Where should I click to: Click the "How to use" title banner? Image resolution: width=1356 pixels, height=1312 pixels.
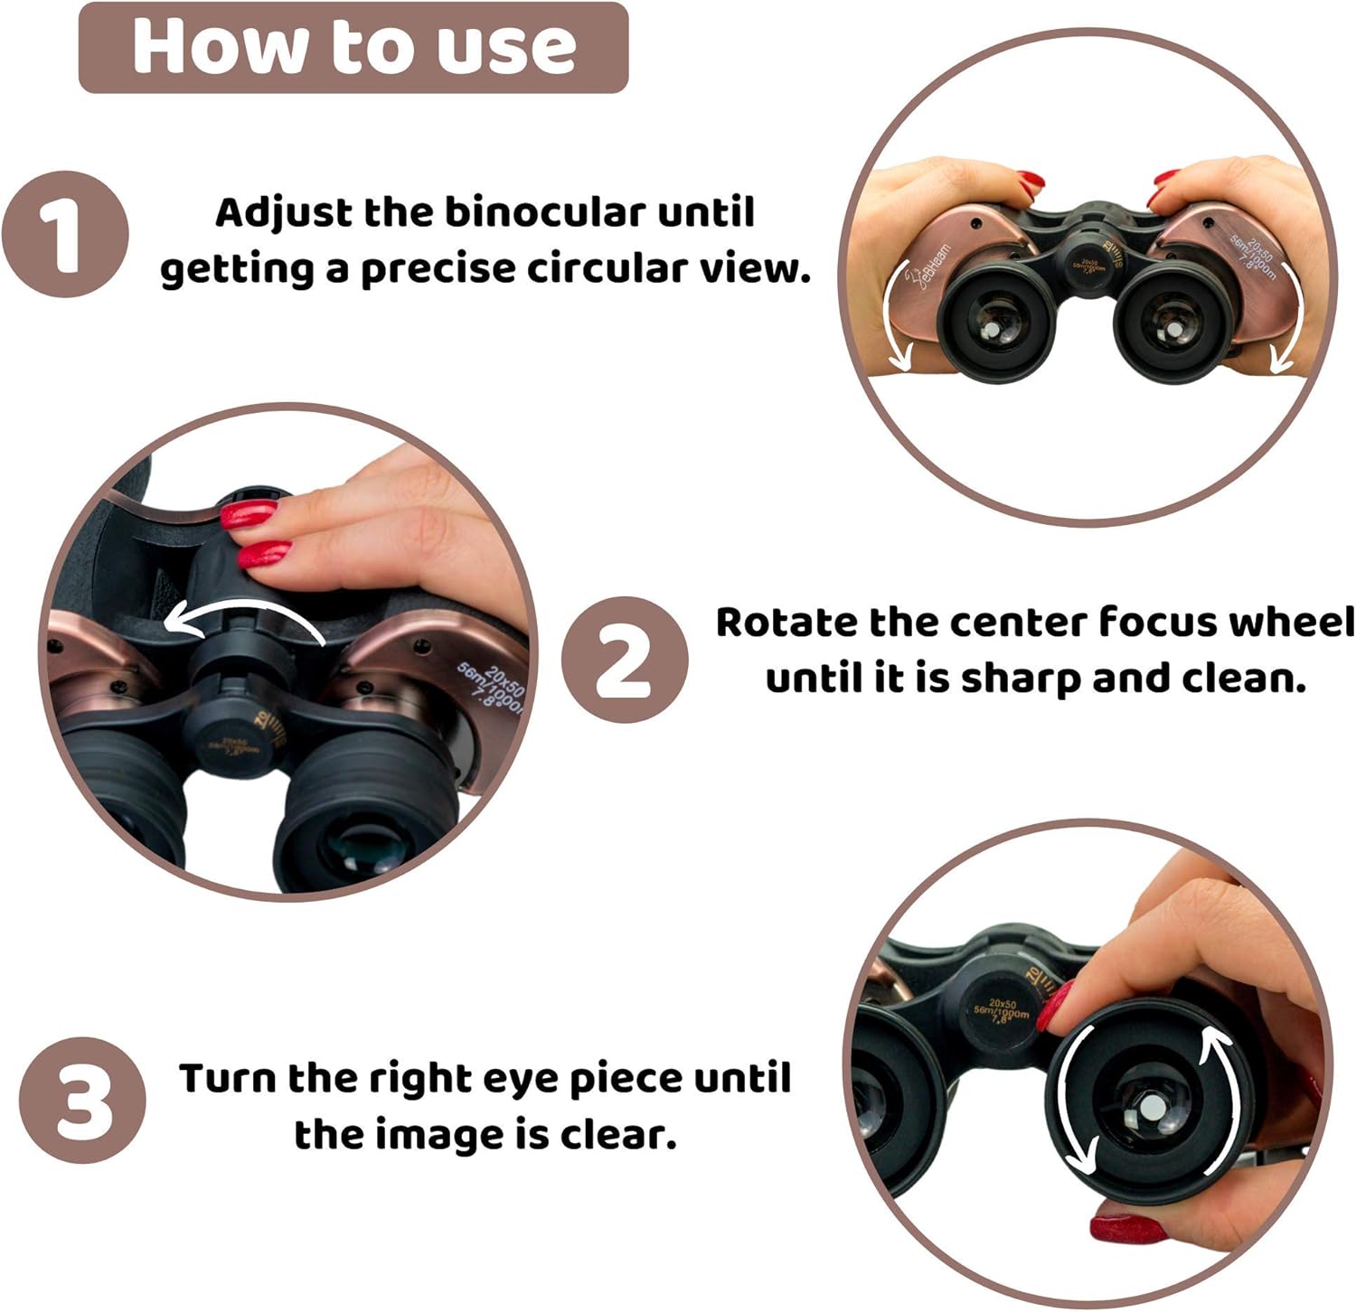(353, 47)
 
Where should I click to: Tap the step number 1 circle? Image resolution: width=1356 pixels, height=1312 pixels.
(64, 234)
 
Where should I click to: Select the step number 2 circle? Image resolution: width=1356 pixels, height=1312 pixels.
(624, 660)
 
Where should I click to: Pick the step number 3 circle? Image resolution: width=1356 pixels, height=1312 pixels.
(82, 1100)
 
